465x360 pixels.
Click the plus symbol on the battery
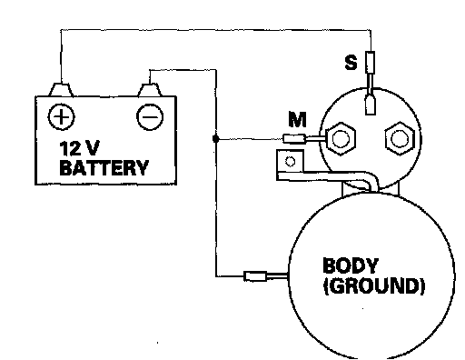pos(61,116)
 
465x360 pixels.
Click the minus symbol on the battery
pos(150,117)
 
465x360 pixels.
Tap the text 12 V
pos(79,148)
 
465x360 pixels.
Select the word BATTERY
pos(104,167)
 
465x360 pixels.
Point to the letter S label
pos(351,63)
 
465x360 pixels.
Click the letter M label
pos(297,119)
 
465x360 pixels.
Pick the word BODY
pos(351,265)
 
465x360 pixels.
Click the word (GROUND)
pos(374,285)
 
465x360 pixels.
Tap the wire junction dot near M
pos(215,139)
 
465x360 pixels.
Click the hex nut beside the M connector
pos(341,139)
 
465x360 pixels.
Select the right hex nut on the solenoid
pos(400,138)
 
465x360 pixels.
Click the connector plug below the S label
pos(371,63)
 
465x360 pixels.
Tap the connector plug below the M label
pos(294,139)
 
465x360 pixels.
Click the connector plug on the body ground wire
pos(255,276)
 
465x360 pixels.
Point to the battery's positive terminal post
pos(61,90)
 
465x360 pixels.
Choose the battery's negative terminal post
pos(150,90)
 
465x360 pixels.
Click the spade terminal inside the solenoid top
pos(371,105)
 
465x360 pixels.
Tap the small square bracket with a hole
pos(290,161)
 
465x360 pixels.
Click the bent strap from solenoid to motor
pos(333,176)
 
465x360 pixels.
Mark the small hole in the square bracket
pos(291,162)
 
